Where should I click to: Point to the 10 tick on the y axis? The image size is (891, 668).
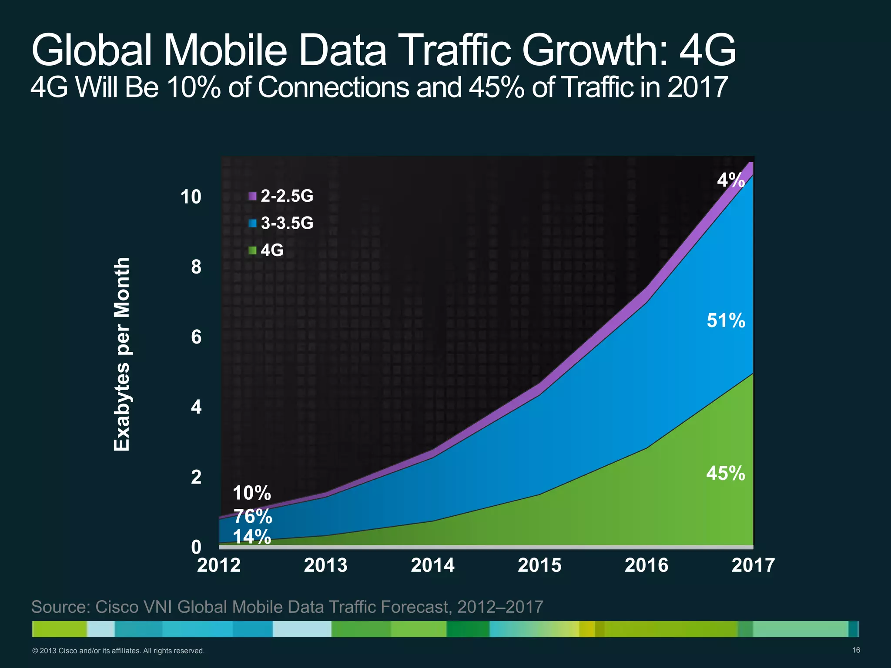pos(191,197)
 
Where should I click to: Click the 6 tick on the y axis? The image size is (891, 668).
pos(196,337)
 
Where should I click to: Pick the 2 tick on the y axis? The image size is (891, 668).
pos(196,477)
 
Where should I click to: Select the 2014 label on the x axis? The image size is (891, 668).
pos(432,565)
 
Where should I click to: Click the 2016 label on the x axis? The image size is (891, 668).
pos(646,565)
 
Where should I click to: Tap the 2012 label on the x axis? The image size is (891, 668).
pos(219,565)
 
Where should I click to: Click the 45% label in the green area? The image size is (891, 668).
pos(726,473)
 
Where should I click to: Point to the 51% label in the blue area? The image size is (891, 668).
pos(726,321)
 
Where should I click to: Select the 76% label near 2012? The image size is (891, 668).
pos(253,517)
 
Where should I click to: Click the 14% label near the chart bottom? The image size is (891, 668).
pos(252,537)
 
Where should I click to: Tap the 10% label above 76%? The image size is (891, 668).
pos(251,494)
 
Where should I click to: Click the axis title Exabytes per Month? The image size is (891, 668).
pos(122,354)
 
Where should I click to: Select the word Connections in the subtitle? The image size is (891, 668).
pos(333,87)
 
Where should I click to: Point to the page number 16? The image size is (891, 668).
pos(856,650)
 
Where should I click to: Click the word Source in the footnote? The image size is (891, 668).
pos(60,607)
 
